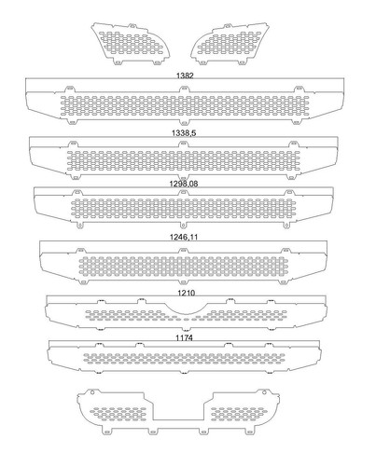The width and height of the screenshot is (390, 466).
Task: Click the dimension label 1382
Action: [185, 75]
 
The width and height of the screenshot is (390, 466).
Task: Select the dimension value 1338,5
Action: [184, 133]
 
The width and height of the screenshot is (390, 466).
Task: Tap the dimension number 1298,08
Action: [184, 184]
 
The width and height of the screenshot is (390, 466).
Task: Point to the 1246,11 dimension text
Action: [184, 238]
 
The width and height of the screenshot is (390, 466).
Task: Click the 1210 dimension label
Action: [186, 293]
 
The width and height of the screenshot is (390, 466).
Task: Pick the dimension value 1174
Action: [184, 337]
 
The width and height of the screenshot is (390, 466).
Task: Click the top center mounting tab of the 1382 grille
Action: [185, 89]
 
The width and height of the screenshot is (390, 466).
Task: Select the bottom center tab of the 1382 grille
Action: [185, 121]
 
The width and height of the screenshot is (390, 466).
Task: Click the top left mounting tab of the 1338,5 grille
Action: [73, 144]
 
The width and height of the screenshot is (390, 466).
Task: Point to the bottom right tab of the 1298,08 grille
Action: [286, 225]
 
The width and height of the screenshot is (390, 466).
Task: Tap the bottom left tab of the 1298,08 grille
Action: [80, 225]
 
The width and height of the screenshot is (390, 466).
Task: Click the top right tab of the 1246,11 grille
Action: [286, 251]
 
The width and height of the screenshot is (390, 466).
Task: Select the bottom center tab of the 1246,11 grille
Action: [184, 281]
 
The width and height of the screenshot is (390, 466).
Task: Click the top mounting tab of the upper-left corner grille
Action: [132, 26]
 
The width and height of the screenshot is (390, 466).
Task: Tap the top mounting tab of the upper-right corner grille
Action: [229, 26]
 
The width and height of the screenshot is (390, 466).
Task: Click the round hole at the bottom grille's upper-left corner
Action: [92, 392]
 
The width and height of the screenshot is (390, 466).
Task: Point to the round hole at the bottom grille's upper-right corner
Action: [265, 392]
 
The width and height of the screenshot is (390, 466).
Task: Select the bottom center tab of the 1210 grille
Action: [186, 329]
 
